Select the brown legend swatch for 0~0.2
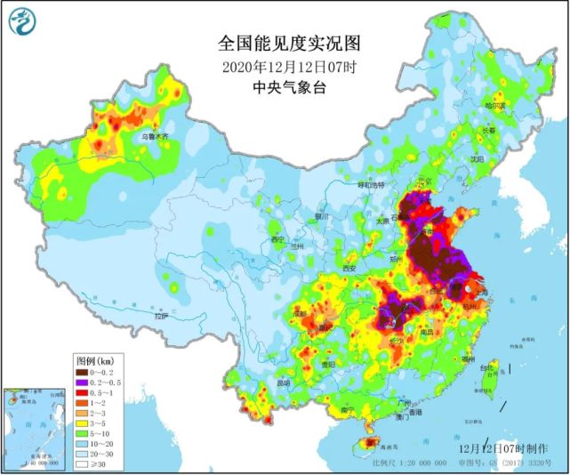(84, 373)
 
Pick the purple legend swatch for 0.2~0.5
(84, 382)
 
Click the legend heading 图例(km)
(93, 361)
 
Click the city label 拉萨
(161, 316)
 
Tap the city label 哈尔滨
(494, 105)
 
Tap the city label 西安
(349, 268)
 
